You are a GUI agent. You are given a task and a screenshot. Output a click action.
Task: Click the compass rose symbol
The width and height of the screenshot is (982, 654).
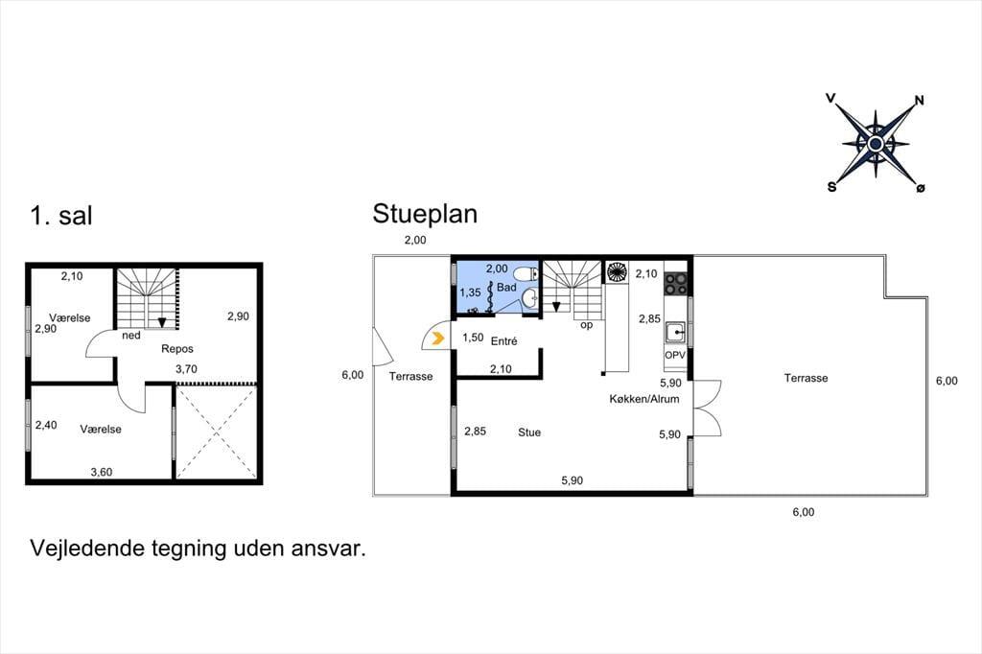[876, 144]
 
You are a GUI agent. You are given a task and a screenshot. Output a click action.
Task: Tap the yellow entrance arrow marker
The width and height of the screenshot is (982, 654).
[437, 339]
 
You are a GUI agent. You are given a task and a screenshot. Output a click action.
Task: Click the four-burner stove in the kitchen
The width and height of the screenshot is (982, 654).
[675, 283]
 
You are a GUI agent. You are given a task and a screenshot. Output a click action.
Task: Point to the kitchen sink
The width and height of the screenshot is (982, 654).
[675, 332]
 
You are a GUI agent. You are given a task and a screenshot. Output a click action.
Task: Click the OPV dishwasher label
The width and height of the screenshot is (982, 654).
[675, 355]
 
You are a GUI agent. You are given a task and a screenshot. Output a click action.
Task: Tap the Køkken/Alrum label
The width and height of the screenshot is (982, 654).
[644, 399]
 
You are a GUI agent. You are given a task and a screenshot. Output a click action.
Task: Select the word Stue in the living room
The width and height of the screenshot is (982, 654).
[529, 432]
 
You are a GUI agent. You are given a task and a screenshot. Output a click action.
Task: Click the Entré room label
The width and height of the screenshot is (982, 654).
[504, 341]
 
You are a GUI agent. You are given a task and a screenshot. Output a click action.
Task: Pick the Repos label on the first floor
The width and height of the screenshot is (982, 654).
[177, 349]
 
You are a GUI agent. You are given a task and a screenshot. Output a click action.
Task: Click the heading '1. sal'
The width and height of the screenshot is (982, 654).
[60, 216]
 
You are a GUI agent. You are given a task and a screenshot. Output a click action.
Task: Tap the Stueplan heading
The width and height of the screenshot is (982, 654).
[425, 214]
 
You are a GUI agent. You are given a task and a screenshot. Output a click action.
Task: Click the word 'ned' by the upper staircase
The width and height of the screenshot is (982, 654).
[131, 336]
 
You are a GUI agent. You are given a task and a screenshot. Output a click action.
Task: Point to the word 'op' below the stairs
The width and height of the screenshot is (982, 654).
[586, 325]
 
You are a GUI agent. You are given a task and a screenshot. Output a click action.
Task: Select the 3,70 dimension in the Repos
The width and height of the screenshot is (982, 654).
[186, 369]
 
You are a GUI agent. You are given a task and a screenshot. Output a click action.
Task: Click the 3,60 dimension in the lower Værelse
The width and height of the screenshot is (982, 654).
[102, 473]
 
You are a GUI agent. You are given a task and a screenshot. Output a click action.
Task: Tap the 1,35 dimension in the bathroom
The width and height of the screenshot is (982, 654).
[470, 292]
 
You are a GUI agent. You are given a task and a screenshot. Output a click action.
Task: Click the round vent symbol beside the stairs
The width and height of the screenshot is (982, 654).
[617, 272]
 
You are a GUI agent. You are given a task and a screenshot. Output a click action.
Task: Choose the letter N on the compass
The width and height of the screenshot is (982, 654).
[920, 101]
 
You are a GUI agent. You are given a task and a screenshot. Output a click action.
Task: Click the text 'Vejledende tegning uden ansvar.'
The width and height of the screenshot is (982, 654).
[198, 549]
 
